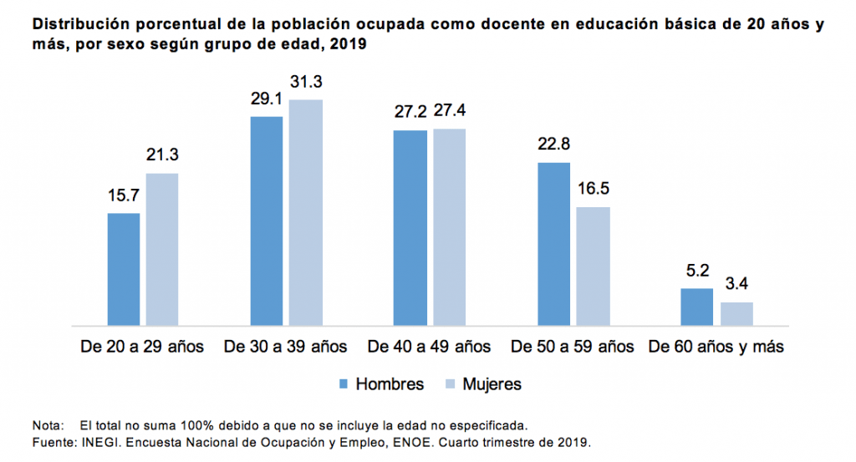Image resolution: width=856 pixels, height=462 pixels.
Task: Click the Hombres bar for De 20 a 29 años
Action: [124, 269]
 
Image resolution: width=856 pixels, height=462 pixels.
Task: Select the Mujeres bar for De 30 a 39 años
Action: [306, 212]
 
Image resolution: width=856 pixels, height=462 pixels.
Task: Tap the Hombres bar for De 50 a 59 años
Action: [553, 243]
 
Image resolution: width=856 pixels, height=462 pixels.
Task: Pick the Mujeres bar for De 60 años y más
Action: [736, 313]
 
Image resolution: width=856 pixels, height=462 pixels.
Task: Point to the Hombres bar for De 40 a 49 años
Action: [410, 227]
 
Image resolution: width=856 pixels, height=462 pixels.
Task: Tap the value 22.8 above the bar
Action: [553, 145]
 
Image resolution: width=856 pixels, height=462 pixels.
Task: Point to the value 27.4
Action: [449, 112]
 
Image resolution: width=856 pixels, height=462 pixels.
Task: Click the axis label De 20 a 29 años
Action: [143, 346]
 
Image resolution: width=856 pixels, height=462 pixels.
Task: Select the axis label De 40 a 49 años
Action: [430, 346]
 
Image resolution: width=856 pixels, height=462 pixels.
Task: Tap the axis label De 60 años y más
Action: [716, 346]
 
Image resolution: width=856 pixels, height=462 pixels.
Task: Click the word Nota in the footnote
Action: [46, 424]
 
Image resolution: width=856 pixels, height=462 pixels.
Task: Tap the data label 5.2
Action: [697, 271]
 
